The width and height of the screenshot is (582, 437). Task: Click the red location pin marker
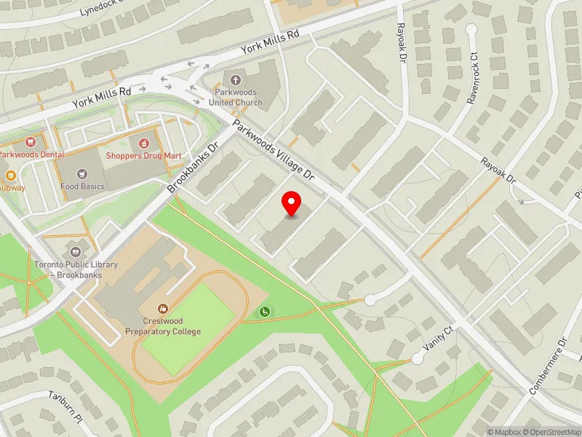[x=292, y=204]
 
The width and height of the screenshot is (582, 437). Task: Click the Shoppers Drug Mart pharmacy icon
[x=144, y=142]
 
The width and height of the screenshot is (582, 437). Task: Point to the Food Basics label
[x=82, y=186]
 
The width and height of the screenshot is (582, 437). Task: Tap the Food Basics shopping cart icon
[x=82, y=173]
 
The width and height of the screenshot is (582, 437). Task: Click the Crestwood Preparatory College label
[x=162, y=326]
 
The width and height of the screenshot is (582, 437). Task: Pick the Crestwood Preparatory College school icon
[x=162, y=309]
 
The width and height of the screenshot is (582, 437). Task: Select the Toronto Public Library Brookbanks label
[x=76, y=269]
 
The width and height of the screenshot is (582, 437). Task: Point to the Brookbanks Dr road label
[x=193, y=168]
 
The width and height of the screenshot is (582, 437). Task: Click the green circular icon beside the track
[x=264, y=312]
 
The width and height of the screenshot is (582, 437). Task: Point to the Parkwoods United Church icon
[x=234, y=80]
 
